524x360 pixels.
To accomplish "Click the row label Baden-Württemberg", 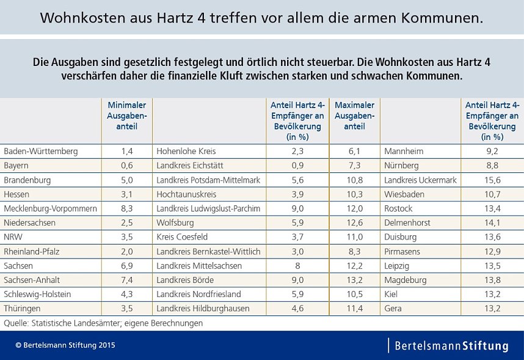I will point(40,151).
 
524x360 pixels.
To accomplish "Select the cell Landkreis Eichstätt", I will point(189,166).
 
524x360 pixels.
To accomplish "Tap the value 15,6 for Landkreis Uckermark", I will point(492,180).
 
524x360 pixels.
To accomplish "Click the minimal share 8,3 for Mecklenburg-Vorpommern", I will point(126,208).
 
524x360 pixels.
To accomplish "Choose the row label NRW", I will point(13,237).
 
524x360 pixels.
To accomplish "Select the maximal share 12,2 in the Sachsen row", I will point(354,266).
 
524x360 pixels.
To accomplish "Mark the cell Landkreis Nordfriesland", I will point(198,295).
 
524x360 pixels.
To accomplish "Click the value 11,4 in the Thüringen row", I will point(354,309).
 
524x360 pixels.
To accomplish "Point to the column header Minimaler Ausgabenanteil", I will point(126,116).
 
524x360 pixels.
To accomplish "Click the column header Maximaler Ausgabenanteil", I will point(354,116).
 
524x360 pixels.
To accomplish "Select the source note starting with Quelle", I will point(103,323).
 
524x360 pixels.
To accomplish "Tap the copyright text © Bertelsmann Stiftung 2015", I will point(65,345).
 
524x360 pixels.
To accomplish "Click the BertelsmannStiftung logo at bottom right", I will point(451,346).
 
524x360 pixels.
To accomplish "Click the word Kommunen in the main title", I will point(441,18).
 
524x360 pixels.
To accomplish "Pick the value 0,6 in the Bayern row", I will point(126,166).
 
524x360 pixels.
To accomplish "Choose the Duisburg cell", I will point(401,237).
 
